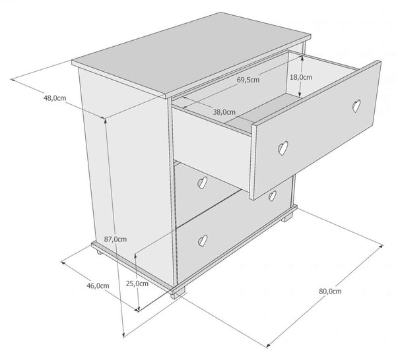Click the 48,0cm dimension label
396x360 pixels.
(x=55, y=98)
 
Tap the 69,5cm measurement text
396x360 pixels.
(x=248, y=80)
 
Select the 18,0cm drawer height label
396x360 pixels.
(x=301, y=77)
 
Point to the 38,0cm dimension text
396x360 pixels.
(x=224, y=112)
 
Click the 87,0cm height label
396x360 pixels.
(x=115, y=239)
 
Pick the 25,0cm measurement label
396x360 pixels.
(x=137, y=284)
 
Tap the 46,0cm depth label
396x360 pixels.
(x=98, y=285)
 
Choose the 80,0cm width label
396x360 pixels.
(x=330, y=291)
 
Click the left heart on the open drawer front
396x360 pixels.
(x=283, y=148)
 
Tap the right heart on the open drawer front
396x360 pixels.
(x=356, y=105)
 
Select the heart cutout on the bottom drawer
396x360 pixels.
(x=203, y=241)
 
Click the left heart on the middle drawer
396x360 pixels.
(x=202, y=183)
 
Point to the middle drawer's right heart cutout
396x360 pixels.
(x=272, y=196)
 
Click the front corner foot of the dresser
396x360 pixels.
(x=178, y=293)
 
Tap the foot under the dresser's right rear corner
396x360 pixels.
(x=287, y=217)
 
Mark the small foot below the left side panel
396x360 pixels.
(x=100, y=252)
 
